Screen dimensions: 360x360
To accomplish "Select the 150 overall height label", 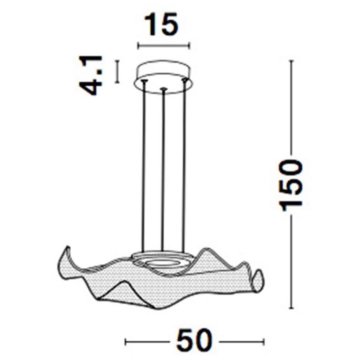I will [291, 184].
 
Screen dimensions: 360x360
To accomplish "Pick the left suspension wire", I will [143, 164].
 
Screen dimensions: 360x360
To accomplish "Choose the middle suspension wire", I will [162, 169].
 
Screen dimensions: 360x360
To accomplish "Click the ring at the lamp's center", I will [162, 261].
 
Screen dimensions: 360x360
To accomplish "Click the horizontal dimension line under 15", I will [162, 46].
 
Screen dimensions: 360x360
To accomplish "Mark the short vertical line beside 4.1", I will [117, 71].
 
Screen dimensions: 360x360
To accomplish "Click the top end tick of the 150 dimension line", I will [291, 61].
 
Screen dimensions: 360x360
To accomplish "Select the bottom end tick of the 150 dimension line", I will [291, 308].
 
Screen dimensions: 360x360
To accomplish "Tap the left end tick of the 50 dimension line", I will [126, 341].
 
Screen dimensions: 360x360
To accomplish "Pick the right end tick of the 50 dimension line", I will [264, 341].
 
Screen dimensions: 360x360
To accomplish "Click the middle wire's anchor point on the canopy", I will [162, 89].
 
